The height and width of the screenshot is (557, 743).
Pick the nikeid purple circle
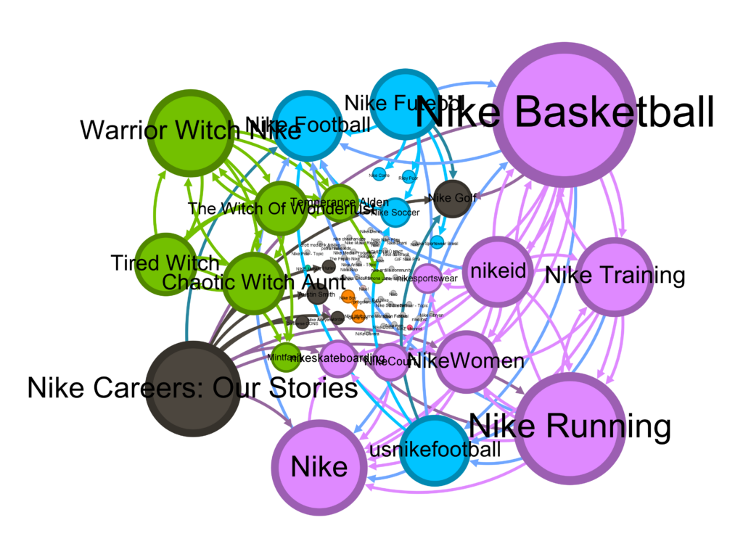coord(497,271)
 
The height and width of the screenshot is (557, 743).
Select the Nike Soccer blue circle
coord(395,212)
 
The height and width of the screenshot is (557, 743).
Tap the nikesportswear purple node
coord(427,278)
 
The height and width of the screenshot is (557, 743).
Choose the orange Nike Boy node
coord(348,297)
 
